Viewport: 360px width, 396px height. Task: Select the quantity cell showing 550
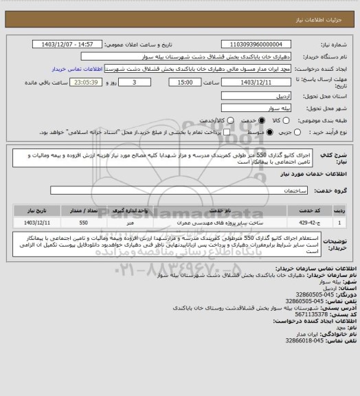(83, 223)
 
